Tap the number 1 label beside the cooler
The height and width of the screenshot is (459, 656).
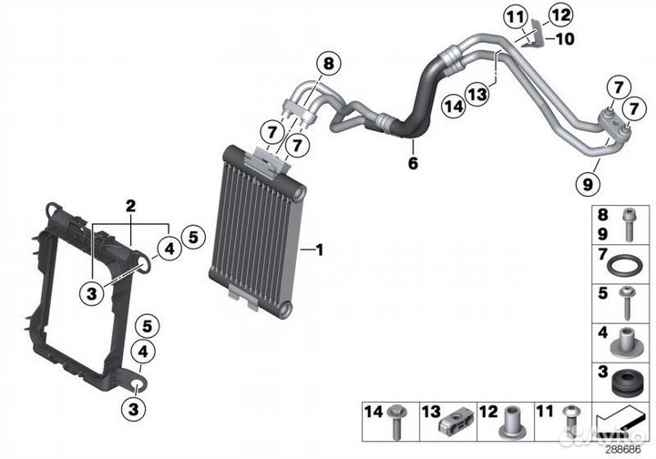(x=320, y=248)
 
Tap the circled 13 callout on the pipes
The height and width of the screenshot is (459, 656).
(x=474, y=93)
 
